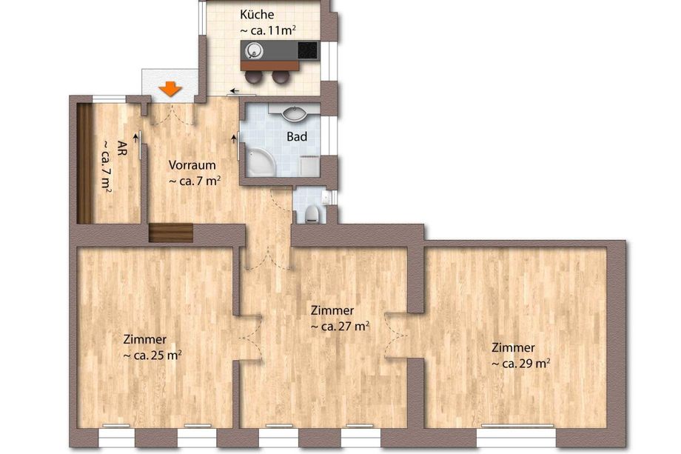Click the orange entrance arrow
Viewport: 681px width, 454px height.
pos(170,89)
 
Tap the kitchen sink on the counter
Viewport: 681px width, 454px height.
pos(253,51)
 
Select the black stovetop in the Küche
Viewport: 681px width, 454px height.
pos(307,50)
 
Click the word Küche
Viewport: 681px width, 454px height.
pos(257,14)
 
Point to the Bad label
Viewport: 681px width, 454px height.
pos(297,137)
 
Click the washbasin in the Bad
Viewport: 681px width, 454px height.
pos(295,114)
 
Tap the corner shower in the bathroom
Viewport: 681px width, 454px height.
pos(260,161)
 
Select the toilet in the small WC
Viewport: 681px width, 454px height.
pos(312,214)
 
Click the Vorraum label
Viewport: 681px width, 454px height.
pos(192,165)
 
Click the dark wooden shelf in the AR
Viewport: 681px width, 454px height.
pos(84,164)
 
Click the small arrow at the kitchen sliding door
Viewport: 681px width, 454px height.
pos(235,91)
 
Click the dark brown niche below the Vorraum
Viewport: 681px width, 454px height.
pos(171,233)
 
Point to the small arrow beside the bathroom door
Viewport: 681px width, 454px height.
pos(235,139)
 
